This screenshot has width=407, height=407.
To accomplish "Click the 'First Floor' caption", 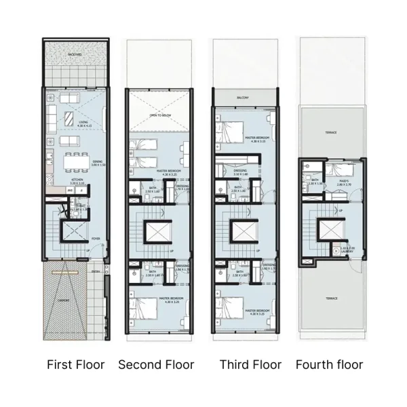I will (75, 365).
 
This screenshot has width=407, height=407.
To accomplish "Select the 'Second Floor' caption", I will (156, 365).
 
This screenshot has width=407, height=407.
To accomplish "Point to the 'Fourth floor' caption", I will (329, 365).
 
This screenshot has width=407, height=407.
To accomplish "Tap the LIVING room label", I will (83, 123).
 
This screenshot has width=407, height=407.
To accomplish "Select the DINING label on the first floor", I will (97, 161).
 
